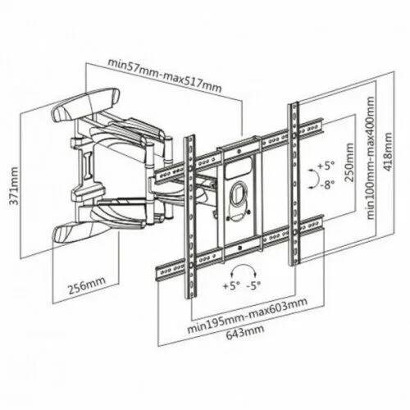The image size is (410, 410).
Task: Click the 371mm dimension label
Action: [13, 186]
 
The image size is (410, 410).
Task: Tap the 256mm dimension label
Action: [87, 285]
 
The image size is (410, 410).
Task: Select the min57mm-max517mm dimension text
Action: [165, 75]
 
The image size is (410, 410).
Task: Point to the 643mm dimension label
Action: [245, 331]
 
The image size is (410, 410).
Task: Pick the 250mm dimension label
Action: [348, 162]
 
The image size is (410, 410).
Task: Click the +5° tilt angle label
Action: [326, 166]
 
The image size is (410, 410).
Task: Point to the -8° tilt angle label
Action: [327, 185]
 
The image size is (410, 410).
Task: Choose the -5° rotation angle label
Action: [253, 286]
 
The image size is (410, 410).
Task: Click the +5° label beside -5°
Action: [231, 286]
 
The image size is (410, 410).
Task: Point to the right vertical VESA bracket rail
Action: [294, 184]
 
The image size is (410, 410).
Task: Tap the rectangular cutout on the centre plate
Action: [239, 168]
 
